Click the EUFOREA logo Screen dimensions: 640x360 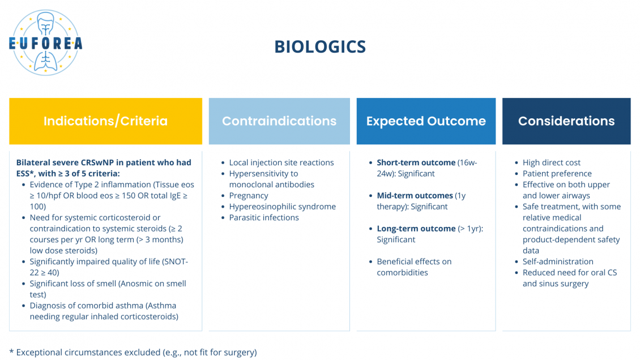coord(45,43)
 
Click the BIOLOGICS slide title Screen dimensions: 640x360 coord(320,46)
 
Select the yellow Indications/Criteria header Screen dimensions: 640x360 coord(106,121)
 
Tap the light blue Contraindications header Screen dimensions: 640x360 coord(279,121)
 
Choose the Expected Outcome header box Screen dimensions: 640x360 coord(426,121)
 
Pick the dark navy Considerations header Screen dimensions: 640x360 coord(566,121)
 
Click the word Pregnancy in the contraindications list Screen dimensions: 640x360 coord(249,196)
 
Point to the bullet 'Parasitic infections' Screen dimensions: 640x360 coord(264,218)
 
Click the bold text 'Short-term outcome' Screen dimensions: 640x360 coord(416,162)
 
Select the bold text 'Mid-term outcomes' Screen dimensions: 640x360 coord(415,196)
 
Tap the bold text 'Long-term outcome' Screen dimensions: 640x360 coord(416,229)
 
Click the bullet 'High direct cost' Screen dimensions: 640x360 coord(552,162)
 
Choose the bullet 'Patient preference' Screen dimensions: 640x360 coord(557,174)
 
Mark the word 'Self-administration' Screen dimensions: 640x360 coord(558,262)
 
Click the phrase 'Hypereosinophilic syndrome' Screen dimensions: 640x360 coord(283,207)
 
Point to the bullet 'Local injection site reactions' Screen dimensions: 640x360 coord(281,162)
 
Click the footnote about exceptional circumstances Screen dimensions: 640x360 coord(133,352)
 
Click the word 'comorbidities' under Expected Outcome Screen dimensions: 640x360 coord(402,273)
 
